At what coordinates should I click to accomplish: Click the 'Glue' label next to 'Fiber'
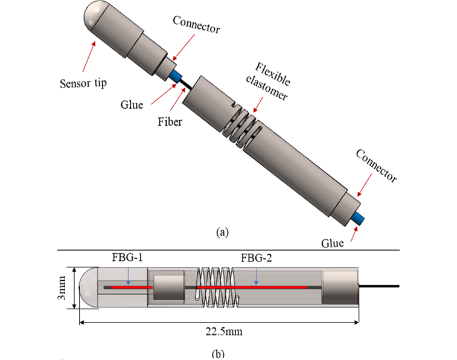[x=132, y=104]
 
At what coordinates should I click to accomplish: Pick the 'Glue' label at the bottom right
[x=332, y=243]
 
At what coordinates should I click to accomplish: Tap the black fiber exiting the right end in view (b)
[x=380, y=285]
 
